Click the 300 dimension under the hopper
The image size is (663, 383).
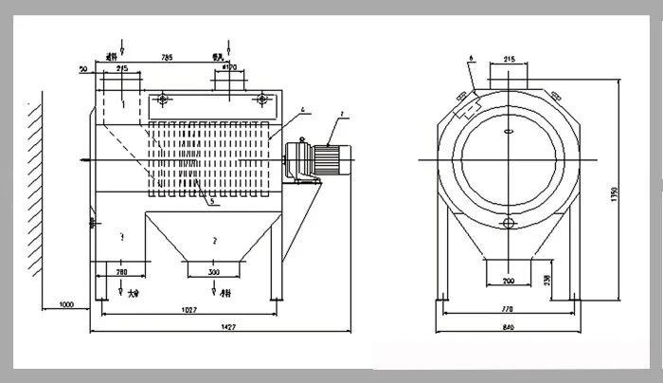215,272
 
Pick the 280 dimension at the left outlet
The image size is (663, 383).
121,272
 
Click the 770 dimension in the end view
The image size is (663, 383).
508,310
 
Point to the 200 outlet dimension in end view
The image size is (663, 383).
509,282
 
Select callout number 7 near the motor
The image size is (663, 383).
344,114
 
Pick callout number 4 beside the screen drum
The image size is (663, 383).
301,111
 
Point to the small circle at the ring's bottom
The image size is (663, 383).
509,223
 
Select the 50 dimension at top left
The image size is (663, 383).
84,70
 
